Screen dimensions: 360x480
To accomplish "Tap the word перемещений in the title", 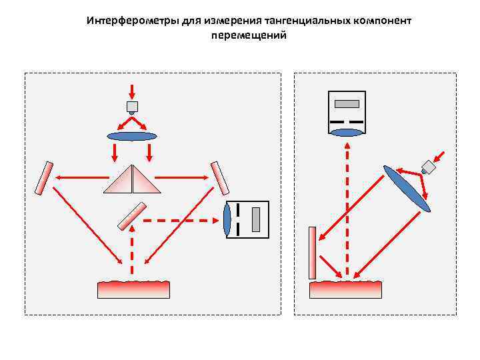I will coord(249,35).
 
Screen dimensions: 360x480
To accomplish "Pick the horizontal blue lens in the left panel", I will coord(132,136).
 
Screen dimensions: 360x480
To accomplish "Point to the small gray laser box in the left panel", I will coord(132,107).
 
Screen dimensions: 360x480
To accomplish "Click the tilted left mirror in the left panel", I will coord(45,178).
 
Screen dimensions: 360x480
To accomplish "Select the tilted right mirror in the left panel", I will coord(219,178).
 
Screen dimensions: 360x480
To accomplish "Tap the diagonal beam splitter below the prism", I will coord(132,215).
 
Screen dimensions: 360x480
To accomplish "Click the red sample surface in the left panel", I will coord(133,289).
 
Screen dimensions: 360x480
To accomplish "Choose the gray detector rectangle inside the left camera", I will coord(256,219).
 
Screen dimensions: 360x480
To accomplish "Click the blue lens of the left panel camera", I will coord(228,219).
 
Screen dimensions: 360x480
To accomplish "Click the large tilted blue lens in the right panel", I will coord(407,189).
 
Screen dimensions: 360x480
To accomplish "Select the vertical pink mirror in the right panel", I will coord(312,253).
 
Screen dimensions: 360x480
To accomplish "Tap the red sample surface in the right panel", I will coord(345,289).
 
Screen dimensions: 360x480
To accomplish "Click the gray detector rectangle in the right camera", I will coord(347,104).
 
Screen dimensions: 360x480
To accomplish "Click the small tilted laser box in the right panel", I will coord(429,167).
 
